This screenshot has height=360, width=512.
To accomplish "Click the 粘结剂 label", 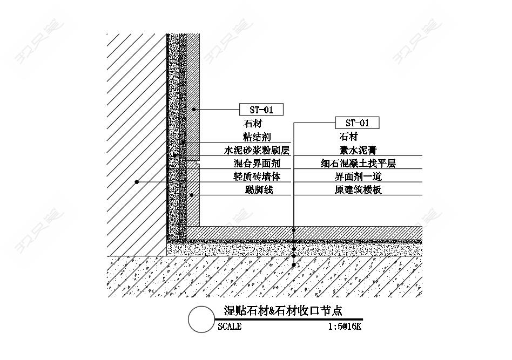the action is (x=257, y=137).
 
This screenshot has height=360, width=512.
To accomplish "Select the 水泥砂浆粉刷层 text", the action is (x=257, y=150).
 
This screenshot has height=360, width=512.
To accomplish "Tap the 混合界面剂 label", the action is (x=257, y=163).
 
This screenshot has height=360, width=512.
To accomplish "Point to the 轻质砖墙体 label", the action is (x=257, y=176).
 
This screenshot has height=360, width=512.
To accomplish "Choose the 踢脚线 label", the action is (x=259, y=189).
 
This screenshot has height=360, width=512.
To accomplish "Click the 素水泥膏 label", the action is (x=358, y=150).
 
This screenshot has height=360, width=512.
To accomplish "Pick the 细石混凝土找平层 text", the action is (x=358, y=163).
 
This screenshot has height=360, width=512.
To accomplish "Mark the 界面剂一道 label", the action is (x=358, y=176).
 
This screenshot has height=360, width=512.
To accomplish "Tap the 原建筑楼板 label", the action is (x=358, y=189).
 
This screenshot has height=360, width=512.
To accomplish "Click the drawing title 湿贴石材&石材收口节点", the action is (x=283, y=310).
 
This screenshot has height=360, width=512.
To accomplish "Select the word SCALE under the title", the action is (x=230, y=327).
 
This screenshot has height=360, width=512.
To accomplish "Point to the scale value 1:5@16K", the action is (x=345, y=327).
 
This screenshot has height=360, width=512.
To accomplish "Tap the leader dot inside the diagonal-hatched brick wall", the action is (x=137, y=182).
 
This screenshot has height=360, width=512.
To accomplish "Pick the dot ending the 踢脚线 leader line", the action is (x=192, y=195).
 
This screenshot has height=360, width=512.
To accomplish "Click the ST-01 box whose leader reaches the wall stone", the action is (x=261, y=110).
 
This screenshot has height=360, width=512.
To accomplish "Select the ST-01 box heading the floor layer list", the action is (x=357, y=123).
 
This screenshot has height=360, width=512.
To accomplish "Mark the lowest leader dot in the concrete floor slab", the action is (x=294, y=265).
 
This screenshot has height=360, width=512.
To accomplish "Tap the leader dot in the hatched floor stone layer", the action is (x=294, y=230).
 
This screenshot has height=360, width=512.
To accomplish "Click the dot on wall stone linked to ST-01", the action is (x=194, y=110).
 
